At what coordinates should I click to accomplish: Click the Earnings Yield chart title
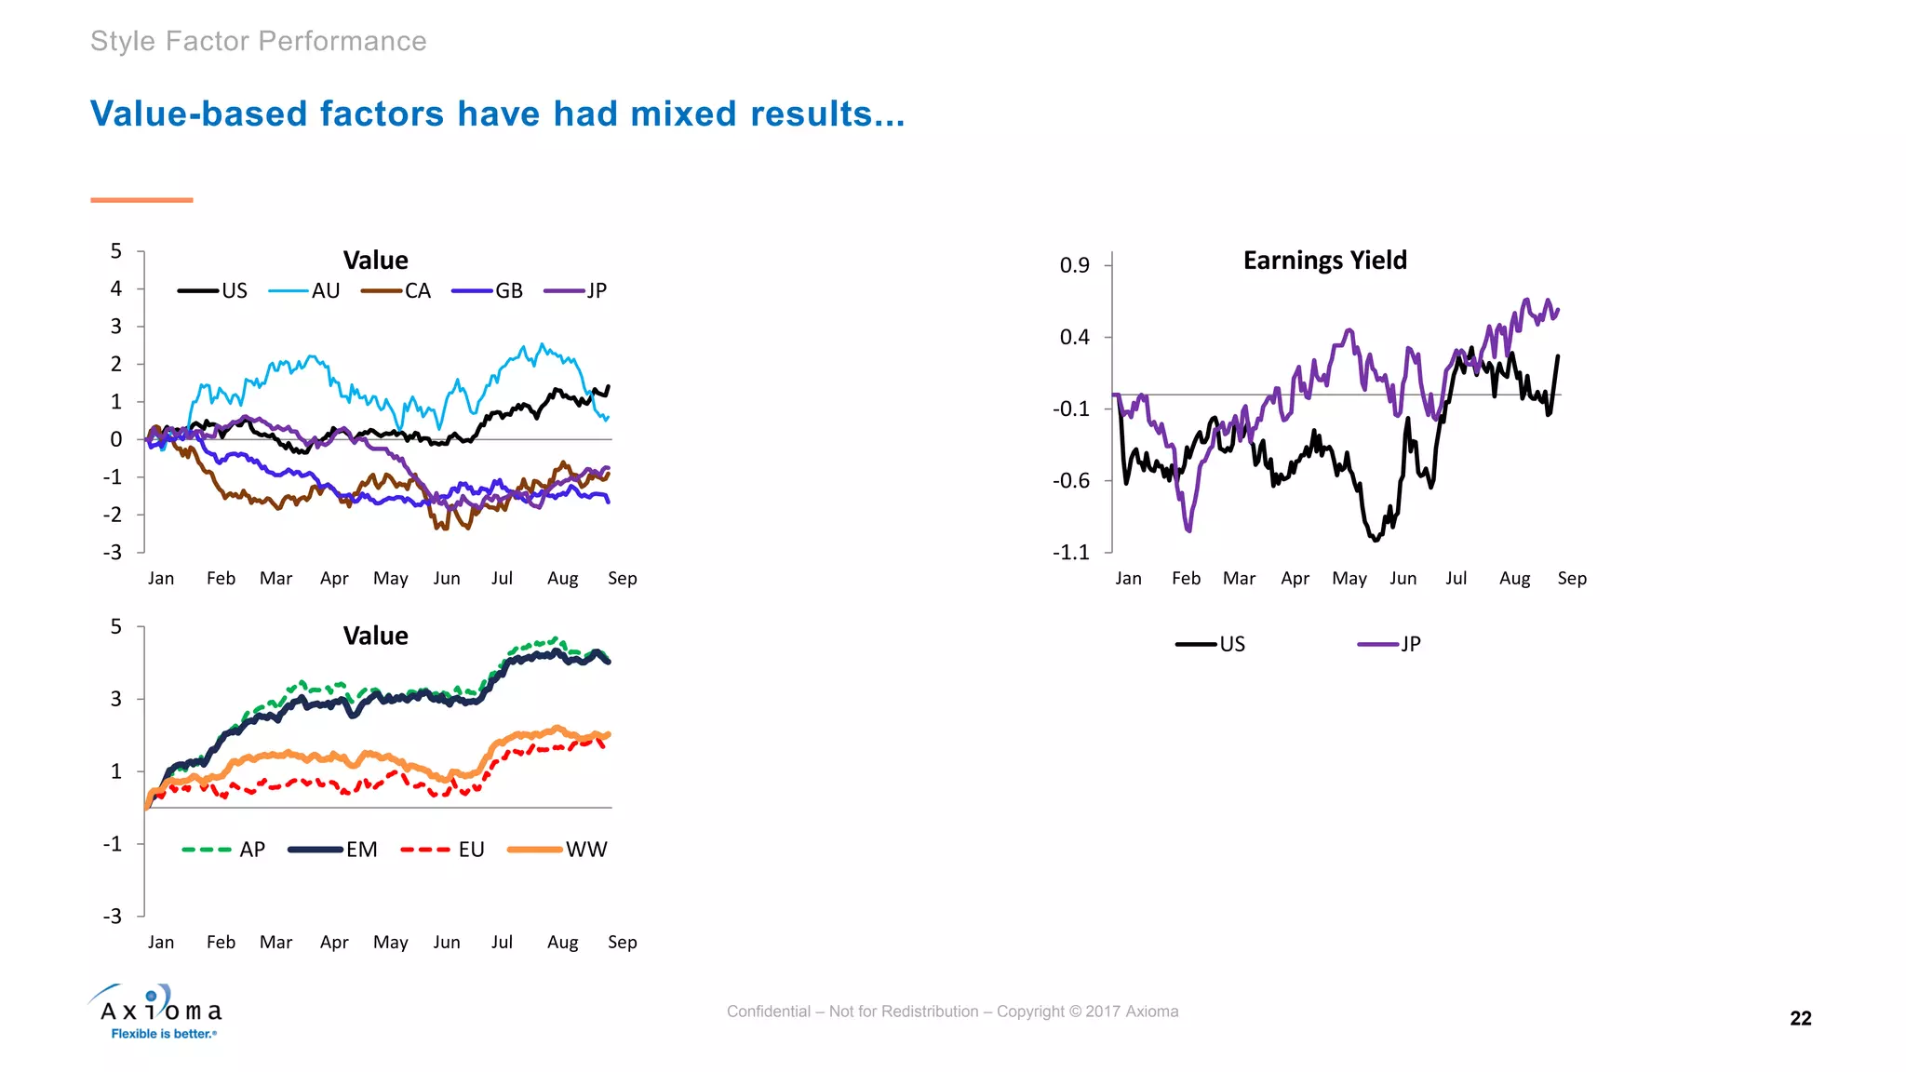pos(1324,261)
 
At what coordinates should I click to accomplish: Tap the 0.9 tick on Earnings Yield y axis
pos(1074,265)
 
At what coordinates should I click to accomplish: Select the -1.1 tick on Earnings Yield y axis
pos(1070,553)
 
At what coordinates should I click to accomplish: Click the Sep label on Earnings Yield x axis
pos(1572,579)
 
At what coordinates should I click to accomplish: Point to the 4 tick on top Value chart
pos(116,288)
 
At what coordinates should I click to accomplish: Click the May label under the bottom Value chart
pos(391,943)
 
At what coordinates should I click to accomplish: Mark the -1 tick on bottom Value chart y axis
pos(113,844)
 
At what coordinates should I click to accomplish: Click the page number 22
pos(1800,1018)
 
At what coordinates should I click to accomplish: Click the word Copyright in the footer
pos(1030,1012)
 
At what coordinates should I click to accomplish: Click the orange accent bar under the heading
pos(141,200)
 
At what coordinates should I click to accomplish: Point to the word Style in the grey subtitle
pos(123,42)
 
